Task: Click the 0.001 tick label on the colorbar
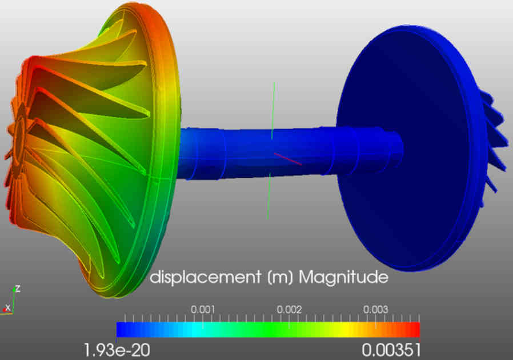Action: (203, 309)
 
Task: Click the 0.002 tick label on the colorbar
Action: (289, 309)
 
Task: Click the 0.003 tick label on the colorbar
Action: (376, 309)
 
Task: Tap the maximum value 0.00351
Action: (392, 349)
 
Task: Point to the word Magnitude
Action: (344, 278)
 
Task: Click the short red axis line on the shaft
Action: (287, 158)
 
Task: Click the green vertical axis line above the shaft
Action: (273, 109)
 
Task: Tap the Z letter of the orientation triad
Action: (18, 289)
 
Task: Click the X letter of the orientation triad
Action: (7, 307)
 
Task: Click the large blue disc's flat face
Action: (400, 149)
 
